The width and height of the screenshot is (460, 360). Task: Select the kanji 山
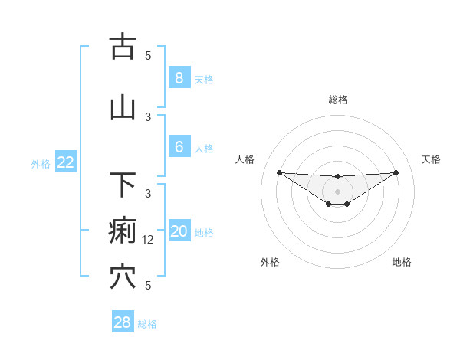click(x=123, y=108)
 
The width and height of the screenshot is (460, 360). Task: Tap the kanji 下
click(x=123, y=185)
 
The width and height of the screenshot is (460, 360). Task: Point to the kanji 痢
click(x=123, y=231)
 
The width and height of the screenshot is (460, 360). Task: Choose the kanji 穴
click(x=123, y=277)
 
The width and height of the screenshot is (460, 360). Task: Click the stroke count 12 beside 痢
click(x=149, y=239)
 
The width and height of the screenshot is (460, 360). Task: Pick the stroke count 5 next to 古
click(x=149, y=55)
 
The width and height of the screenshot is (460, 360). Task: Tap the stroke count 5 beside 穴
click(x=149, y=285)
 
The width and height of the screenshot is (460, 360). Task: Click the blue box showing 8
click(x=179, y=77)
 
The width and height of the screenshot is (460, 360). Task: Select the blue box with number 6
click(x=179, y=147)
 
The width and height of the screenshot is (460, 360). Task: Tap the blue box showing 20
click(x=179, y=231)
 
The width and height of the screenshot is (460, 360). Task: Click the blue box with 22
click(x=65, y=162)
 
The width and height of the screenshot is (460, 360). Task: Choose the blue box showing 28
click(x=122, y=322)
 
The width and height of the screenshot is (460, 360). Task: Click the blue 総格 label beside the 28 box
click(x=147, y=324)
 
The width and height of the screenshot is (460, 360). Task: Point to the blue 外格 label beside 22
click(x=41, y=163)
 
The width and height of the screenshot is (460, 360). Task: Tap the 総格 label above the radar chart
click(x=337, y=100)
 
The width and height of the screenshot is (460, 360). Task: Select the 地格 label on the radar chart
click(x=402, y=262)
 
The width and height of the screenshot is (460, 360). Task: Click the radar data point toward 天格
click(x=396, y=172)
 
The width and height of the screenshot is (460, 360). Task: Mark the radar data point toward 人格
click(x=279, y=172)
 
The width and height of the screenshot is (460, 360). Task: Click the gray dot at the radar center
click(x=337, y=191)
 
